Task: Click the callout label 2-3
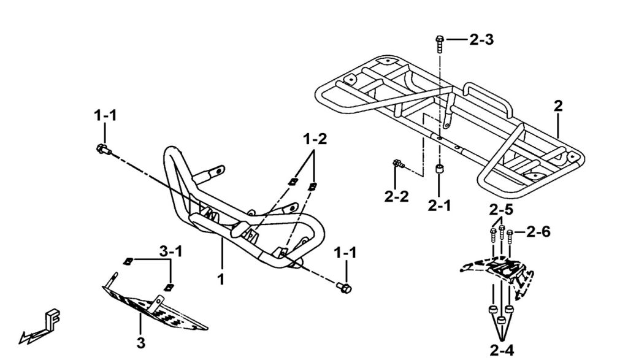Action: tap(481, 40)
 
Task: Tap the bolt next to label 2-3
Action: tap(439, 43)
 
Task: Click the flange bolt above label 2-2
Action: tap(397, 164)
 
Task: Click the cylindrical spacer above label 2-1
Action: tap(439, 170)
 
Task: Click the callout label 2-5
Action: tap(501, 210)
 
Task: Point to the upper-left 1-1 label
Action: tap(106, 115)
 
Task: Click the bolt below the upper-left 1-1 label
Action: tap(102, 148)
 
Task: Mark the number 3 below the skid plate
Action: tap(141, 343)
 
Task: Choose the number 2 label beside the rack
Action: tap(557, 105)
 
